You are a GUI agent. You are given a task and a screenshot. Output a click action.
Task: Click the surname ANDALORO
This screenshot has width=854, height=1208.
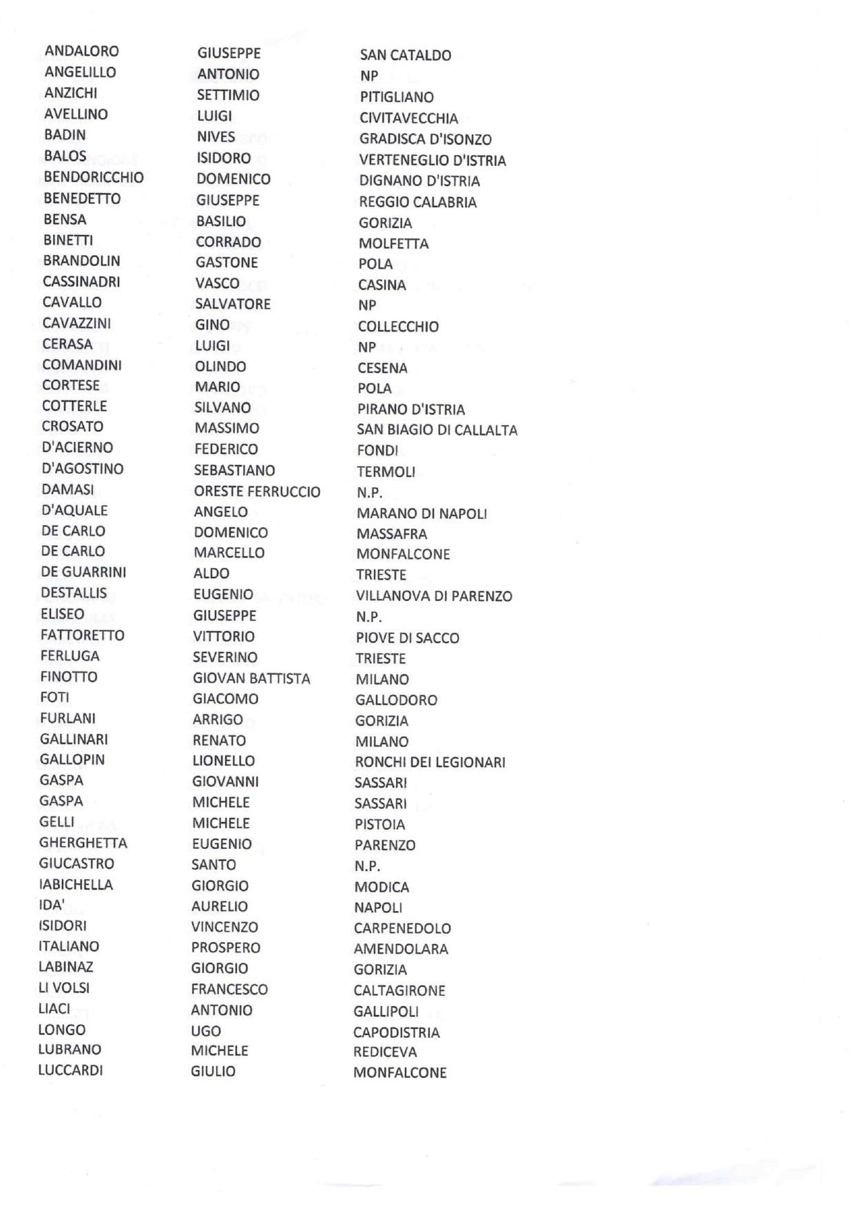tap(81, 51)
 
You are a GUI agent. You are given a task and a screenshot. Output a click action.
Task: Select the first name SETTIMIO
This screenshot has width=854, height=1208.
tap(228, 95)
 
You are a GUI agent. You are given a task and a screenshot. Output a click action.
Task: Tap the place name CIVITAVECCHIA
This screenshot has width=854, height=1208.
tap(408, 119)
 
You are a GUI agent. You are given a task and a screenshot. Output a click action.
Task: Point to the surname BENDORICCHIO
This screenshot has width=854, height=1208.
tap(94, 177)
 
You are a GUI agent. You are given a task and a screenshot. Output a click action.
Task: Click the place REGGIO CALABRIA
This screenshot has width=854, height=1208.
tap(417, 203)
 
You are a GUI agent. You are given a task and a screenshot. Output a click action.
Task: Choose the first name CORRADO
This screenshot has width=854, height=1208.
tap(228, 242)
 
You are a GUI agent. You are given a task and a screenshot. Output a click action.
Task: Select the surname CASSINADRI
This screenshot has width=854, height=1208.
tap(81, 281)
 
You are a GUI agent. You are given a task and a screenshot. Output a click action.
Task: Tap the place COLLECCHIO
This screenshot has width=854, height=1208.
tap(398, 327)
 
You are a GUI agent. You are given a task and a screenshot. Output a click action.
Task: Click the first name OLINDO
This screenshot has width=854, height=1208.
tap(220, 367)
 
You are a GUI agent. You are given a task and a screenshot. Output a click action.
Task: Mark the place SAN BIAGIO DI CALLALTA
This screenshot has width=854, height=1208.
tap(437, 430)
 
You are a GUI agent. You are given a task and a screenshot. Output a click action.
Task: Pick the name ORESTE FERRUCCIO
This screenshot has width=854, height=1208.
tap(257, 492)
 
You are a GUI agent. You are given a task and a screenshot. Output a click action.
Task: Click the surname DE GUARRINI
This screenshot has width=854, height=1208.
tap(83, 572)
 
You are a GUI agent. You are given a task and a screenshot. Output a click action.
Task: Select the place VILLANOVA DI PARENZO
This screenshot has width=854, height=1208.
tap(434, 596)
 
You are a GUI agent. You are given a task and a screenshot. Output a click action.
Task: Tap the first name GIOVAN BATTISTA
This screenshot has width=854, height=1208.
tap(251, 679)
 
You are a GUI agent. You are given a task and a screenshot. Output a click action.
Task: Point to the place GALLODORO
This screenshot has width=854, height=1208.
tap(396, 700)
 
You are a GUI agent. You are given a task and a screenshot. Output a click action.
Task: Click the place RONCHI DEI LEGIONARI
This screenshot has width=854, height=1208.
tap(430, 762)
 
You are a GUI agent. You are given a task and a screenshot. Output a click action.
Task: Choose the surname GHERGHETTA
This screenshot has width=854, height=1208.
tap(83, 843)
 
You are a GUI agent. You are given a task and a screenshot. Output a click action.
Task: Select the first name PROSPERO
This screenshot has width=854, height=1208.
tap(226, 948)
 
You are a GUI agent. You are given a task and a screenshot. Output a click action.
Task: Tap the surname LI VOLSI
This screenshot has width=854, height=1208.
tap(63, 987)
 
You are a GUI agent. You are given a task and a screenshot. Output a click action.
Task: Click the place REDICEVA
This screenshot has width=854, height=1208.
tap(385, 1052)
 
